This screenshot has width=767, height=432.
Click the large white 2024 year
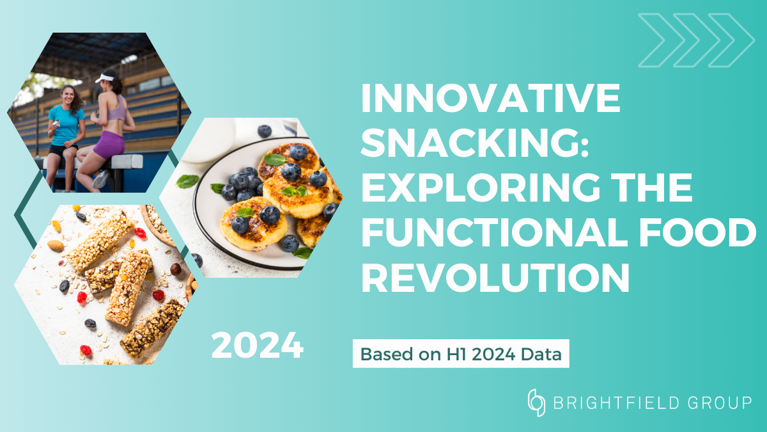[257, 346]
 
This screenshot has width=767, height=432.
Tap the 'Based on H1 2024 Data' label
[461, 355]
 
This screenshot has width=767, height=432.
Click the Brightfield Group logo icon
[536, 403]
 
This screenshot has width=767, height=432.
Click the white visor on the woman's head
[105, 78]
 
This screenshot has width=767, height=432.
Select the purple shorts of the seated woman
[110, 145]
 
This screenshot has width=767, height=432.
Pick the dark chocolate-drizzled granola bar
[152, 327]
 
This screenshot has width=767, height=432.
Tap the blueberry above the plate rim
[264, 131]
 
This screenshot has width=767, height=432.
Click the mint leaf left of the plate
[187, 182]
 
